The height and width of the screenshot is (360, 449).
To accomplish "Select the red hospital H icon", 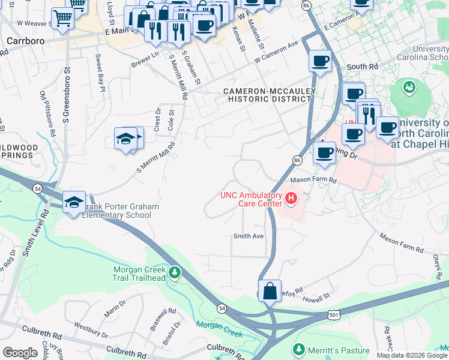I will pos(291,197).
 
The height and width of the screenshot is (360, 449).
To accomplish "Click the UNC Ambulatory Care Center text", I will pos(251,199).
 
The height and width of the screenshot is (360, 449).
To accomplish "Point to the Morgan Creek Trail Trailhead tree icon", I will pos(175,274).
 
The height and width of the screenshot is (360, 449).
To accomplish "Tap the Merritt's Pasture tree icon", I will pos(298,349).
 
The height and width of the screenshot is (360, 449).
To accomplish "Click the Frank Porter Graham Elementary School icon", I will pos(74,201).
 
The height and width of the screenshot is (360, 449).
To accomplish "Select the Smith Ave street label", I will pos(249,236).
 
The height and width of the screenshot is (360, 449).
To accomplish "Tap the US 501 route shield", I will pos(334,314).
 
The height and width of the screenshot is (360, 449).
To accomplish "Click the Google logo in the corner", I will pos(20,352).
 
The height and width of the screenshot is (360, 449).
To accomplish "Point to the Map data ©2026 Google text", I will pos(412,355).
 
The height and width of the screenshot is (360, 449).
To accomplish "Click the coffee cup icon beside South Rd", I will pos(320,61).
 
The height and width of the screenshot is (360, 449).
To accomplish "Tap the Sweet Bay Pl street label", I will pos(100,73).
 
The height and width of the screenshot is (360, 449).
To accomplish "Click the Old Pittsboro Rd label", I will pos(46,111).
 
